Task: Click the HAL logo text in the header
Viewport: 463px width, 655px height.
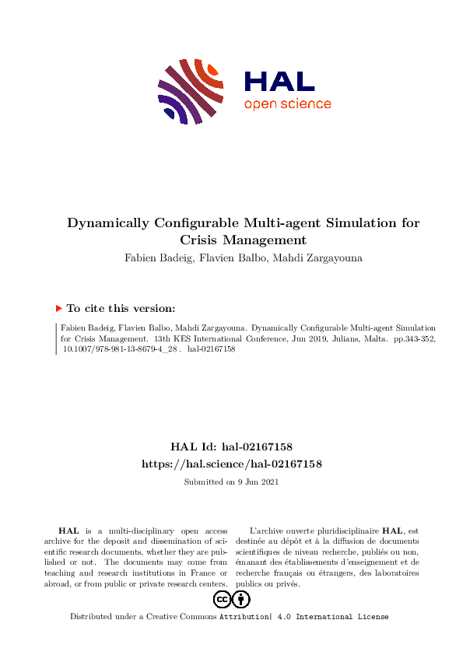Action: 279,81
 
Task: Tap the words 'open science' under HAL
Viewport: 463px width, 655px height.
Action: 287,104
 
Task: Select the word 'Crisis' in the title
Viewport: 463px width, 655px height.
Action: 202,240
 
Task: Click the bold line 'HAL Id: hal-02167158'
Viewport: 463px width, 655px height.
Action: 231,447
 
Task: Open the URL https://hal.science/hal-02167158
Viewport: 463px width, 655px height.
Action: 231,463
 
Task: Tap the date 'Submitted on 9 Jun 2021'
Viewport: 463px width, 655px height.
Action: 231,482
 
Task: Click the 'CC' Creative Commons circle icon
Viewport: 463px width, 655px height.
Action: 222,599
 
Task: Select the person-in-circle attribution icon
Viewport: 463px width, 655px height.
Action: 241,599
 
